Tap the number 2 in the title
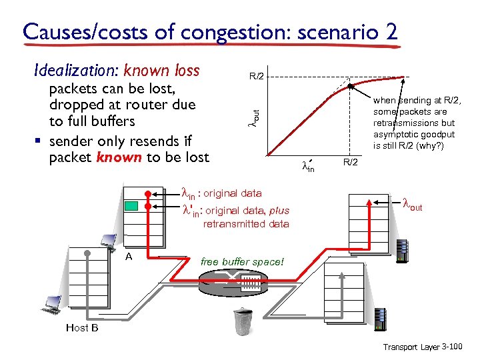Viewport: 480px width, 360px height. (x=389, y=31)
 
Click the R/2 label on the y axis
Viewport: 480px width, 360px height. (x=258, y=76)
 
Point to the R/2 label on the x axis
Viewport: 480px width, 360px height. (x=351, y=163)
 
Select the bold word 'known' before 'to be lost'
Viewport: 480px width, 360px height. (x=118, y=158)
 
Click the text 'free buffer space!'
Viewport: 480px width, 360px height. (x=242, y=262)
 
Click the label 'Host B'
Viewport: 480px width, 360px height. (x=82, y=328)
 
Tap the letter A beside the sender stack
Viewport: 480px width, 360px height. (x=129, y=256)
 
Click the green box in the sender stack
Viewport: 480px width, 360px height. (x=133, y=205)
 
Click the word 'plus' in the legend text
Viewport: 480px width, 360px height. (x=279, y=211)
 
